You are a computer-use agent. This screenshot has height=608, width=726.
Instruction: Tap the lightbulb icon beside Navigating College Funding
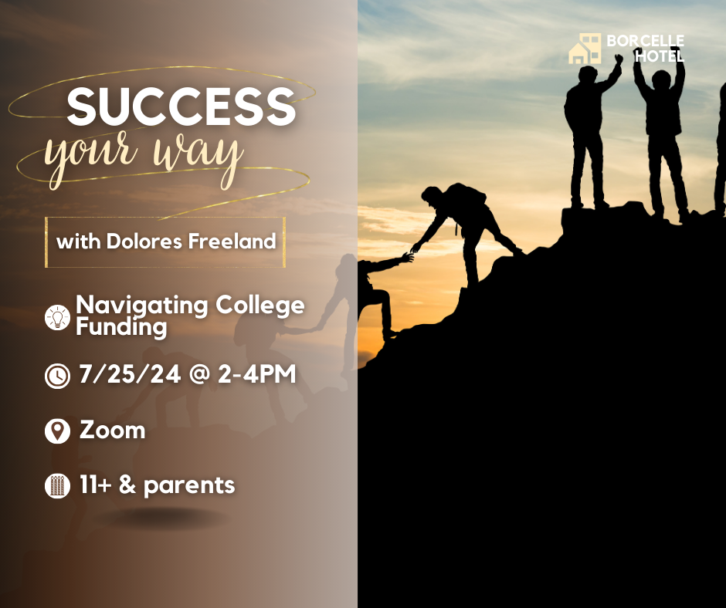pyautogui.click(x=57, y=317)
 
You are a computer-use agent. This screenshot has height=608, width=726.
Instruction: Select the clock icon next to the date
pyautogui.click(x=57, y=375)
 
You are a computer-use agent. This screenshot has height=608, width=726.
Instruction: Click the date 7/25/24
pyautogui.click(x=130, y=374)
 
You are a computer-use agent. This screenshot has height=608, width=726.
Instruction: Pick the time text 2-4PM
pyautogui.click(x=256, y=374)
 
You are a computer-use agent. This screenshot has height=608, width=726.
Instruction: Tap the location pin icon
pyautogui.click(x=57, y=431)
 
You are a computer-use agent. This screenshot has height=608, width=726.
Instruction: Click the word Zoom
pyautogui.click(x=113, y=430)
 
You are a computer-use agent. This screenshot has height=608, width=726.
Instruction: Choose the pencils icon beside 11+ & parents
pyautogui.click(x=57, y=486)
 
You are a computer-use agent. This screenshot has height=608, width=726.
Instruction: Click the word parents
pyautogui.click(x=189, y=486)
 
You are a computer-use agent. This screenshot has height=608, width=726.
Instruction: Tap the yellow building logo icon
pyautogui.click(x=585, y=49)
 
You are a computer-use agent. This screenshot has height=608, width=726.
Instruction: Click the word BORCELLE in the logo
pyautogui.click(x=645, y=41)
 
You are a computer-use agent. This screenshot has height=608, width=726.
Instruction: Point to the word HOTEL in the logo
pyautogui.click(x=660, y=56)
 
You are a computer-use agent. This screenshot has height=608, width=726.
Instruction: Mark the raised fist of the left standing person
pyautogui.click(x=619, y=59)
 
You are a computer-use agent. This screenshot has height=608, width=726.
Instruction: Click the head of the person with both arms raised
pyautogui.click(x=661, y=80)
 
